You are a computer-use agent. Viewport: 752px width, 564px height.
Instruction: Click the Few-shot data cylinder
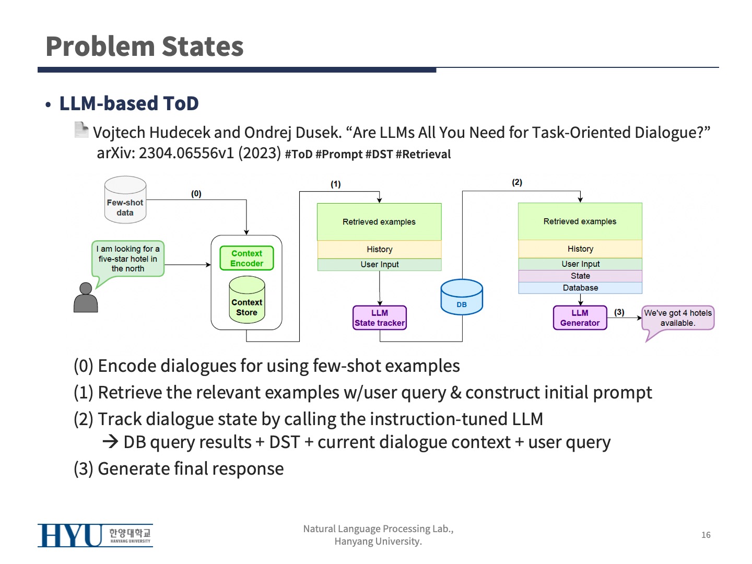tap(125, 201)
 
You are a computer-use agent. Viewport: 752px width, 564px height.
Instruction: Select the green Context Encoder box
tap(246, 258)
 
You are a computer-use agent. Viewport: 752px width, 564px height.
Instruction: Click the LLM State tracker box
tap(380, 318)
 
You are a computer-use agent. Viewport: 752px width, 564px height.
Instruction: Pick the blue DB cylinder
tap(462, 297)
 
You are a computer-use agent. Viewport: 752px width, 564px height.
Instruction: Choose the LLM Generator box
tap(580, 318)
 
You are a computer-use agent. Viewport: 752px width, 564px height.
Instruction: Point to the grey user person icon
tap(86, 298)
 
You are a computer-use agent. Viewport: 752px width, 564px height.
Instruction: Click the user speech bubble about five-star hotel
tap(128, 258)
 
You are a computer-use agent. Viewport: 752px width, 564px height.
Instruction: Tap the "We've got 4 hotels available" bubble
tap(677, 318)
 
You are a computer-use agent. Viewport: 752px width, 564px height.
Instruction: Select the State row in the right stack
tap(580, 276)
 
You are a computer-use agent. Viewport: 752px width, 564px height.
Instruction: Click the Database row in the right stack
tap(580, 288)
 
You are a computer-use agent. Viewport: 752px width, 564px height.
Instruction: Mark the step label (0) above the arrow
tap(196, 194)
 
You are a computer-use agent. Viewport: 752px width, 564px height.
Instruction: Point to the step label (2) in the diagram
tap(517, 182)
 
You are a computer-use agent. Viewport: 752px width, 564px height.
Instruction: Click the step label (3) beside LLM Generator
tap(619, 312)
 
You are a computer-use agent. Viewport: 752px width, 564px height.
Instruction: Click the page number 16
tap(706, 535)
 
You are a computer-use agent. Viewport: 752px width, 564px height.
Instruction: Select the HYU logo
tap(95, 535)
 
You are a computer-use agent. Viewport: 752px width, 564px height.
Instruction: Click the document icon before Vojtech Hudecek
tap(81, 130)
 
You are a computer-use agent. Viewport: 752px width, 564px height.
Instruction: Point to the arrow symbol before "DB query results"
tap(110, 442)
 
